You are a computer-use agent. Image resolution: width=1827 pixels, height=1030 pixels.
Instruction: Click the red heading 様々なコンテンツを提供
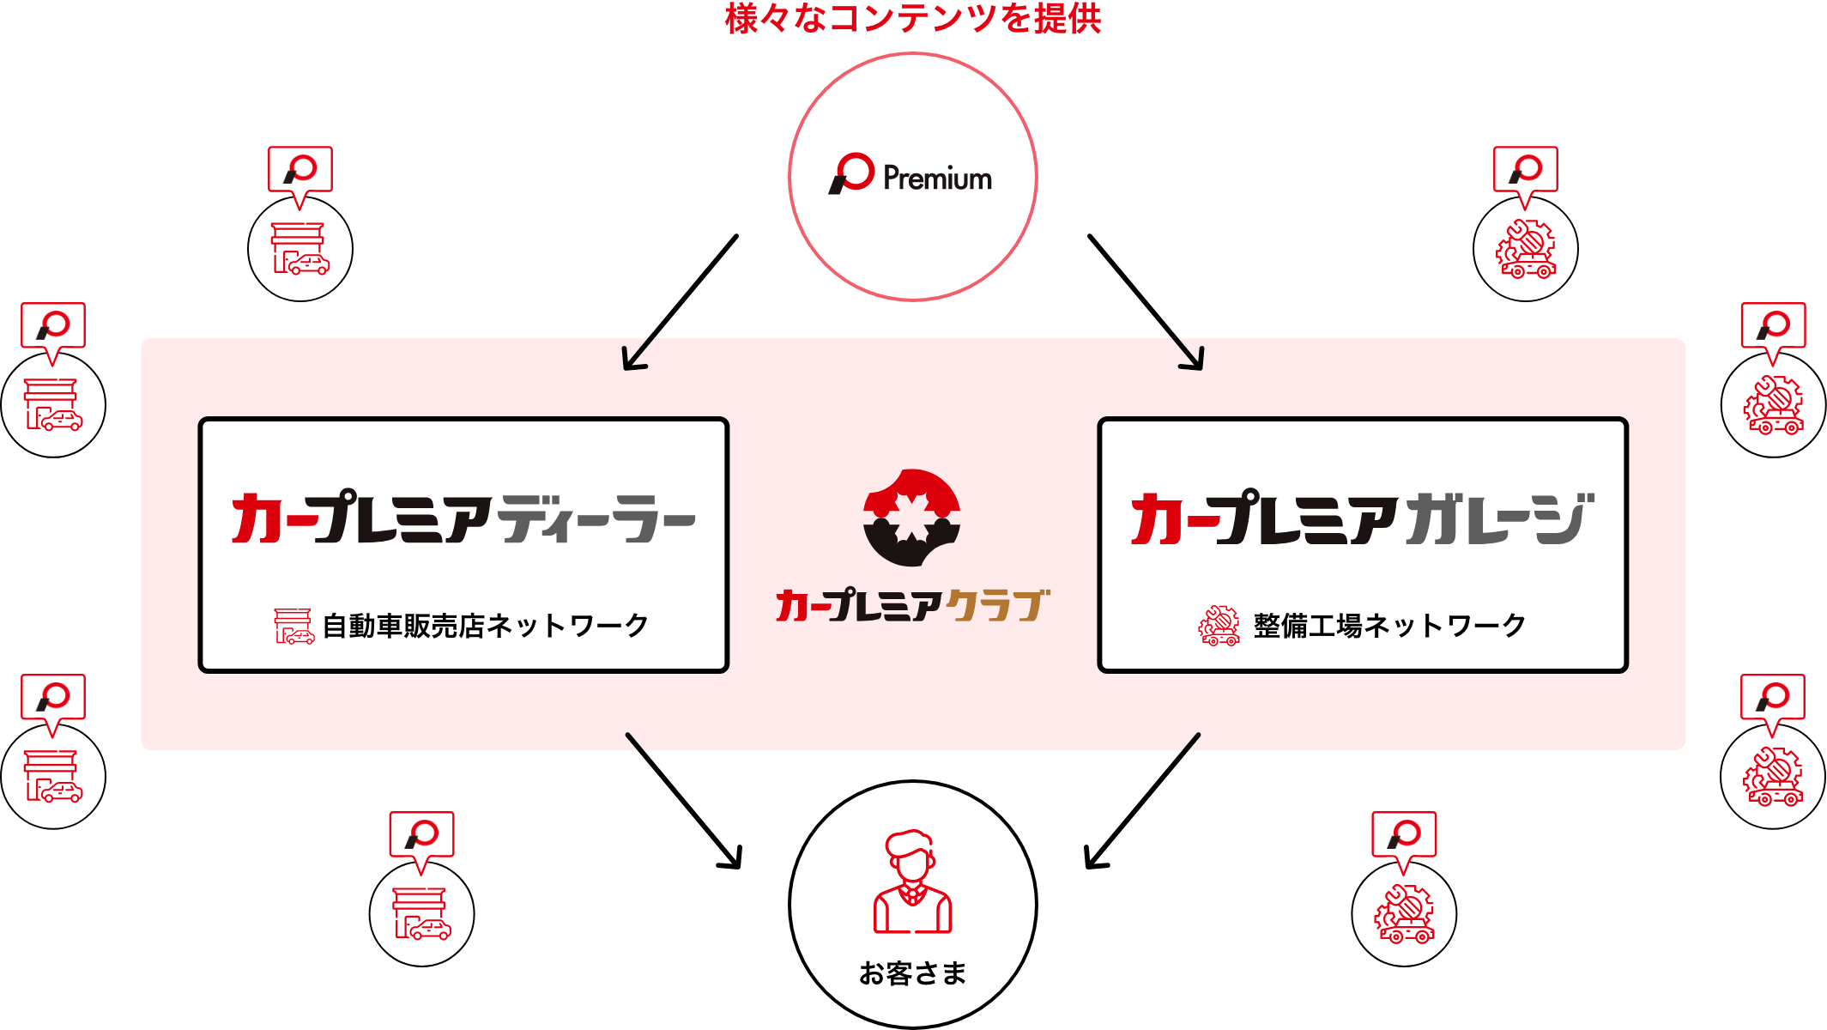913,18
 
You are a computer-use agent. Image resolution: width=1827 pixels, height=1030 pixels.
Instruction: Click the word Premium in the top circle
937,179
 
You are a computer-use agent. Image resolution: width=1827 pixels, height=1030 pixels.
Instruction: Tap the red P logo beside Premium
851,173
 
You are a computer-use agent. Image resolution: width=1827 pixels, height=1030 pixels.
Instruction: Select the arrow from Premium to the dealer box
680,303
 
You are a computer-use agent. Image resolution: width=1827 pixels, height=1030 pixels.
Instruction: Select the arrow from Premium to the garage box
1146,303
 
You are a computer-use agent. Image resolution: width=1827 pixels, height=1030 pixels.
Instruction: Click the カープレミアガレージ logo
1363,518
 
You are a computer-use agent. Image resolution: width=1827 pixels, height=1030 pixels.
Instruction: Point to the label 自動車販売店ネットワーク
486,626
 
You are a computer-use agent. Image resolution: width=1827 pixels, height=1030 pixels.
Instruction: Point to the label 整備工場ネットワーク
1389,626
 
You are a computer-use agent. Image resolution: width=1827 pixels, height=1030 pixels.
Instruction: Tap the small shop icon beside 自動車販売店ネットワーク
294,626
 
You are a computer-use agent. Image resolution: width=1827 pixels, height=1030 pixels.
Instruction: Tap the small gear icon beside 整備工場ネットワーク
1219,626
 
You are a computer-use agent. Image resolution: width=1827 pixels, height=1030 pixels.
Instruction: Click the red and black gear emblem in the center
912,518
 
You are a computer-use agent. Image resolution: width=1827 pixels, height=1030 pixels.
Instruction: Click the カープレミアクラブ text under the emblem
913,605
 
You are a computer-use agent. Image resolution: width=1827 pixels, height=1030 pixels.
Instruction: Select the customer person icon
913,882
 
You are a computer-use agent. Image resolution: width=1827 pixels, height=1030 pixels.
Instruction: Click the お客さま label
913,973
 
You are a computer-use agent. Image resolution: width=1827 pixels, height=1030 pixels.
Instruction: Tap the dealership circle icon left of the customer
421,914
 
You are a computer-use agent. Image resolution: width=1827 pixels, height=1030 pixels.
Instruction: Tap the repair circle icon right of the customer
1404,914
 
